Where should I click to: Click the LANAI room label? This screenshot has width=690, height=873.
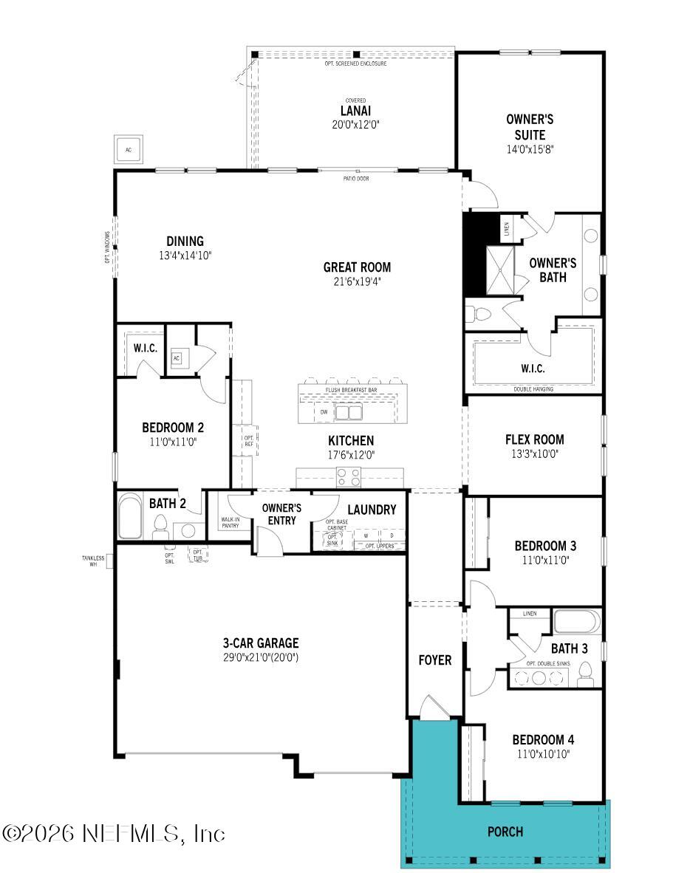(355, 111)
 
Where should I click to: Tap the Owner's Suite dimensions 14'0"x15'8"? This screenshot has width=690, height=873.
(529, 148)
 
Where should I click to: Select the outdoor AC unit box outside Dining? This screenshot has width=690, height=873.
(129, 150)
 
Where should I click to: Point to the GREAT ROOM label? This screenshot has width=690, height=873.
(357, 267)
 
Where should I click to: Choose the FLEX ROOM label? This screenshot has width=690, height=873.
(534, 439)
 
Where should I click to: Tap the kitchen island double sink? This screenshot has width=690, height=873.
(349, 411)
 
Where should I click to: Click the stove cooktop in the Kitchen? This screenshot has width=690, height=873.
(348, 477)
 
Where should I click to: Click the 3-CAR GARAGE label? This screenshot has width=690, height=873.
(262, 643)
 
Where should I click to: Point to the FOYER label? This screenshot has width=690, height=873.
(434, 660)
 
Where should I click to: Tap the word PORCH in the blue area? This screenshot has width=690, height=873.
(505, 832)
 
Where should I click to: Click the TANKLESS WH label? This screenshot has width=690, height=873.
(93, 561)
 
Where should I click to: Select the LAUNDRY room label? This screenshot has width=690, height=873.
(372, 510)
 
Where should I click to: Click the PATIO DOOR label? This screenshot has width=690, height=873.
(356, 178)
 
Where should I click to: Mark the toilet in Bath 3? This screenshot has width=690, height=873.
(586, 673)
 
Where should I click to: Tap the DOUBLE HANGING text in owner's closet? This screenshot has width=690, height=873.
(533, 388)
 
